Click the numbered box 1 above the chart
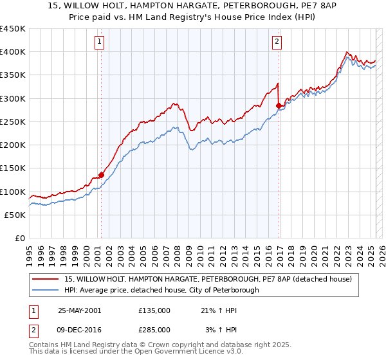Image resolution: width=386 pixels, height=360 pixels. pyautogui.click(x=100, y=42)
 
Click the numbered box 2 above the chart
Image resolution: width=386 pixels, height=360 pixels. pyautogui.click(x=277, y=42)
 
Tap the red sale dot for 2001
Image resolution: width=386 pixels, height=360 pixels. pyautogui.click(x=101, y=175)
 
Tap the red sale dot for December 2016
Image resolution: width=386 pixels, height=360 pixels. pyautogui.click(x=279, y=105)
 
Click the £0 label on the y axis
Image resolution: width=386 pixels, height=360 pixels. pyautogui.click(x=20, y=239)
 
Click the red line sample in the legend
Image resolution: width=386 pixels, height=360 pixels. pyautogui.click(x=46, y=280)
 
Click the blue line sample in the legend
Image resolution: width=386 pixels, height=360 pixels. pyautogui.click(x=46, y=291)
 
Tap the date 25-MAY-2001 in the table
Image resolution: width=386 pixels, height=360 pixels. pyautogui.click(x=79, y=310)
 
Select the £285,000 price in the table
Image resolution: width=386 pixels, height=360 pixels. pyautogui.click(x=154, y=330)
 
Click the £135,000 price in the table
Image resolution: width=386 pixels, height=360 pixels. pyautogui.click(x=154, y=310)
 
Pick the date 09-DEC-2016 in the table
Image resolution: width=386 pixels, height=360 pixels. pyautogui.click(x=79, y=330)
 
